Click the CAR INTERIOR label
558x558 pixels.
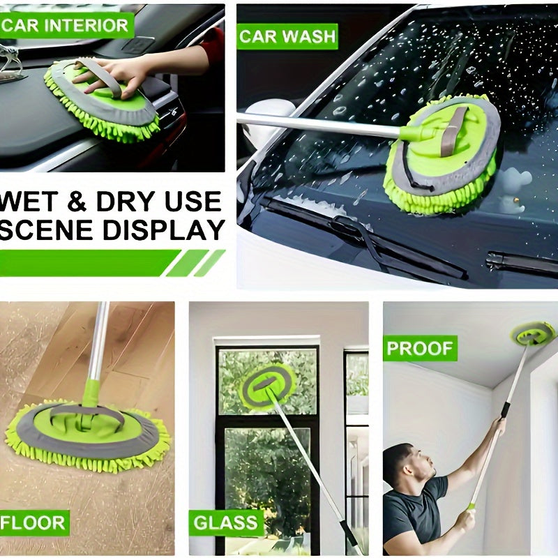(66, 25)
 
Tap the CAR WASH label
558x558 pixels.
(287, 37)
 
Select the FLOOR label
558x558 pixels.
(34, 522)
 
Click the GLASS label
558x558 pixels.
(225, 523)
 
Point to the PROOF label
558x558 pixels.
(421, 348)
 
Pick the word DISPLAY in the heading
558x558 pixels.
(164, 230)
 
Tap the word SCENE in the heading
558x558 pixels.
(48, 230)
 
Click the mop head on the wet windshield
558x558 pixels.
(443, 154)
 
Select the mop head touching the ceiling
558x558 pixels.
(533, 333)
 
